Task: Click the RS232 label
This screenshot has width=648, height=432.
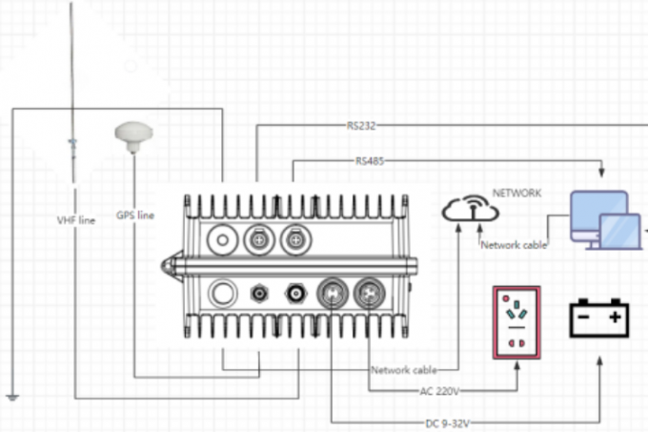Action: [360, 126]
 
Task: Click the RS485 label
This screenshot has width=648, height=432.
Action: [371, 162]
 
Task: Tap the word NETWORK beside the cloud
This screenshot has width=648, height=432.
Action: [516, 194]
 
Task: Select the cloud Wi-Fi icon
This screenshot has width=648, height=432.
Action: [471, 211]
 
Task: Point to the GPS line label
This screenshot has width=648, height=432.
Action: [134, 216]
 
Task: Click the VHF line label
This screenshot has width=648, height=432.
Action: [76, 219]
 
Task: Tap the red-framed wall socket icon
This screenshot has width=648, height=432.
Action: [516, 322]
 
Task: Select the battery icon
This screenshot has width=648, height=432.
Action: [599, 318]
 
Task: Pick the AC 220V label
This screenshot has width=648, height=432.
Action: [441, 391]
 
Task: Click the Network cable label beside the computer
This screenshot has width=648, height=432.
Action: [514, 245]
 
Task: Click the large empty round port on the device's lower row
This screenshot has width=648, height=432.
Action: [222, 292]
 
